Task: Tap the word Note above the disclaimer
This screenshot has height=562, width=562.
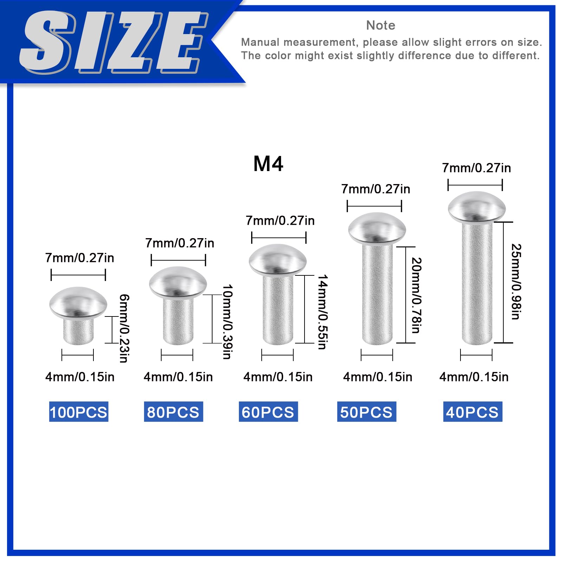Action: (x=380, y=25)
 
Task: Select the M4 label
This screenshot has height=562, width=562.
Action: (x=268, y=164)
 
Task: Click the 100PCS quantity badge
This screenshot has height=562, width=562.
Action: (x=78, y=412)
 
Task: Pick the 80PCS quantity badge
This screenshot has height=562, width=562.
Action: (x=173, y=412)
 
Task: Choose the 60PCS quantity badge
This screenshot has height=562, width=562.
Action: (x=268, y=412)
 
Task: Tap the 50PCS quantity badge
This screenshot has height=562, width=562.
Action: (x=366, y=412)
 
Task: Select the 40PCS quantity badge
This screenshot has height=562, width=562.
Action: (x=472, y=412)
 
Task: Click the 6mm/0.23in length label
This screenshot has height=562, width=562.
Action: (x=124, y=328)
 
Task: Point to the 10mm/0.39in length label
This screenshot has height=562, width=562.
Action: (x=228, y=322)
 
